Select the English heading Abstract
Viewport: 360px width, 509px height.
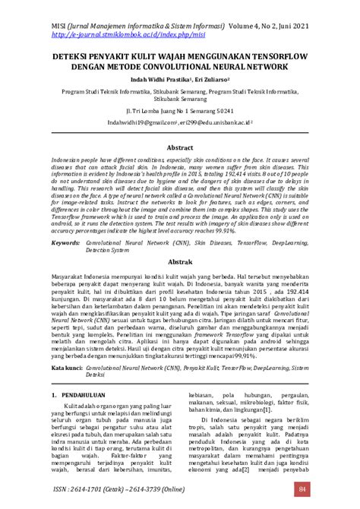point(180,147)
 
